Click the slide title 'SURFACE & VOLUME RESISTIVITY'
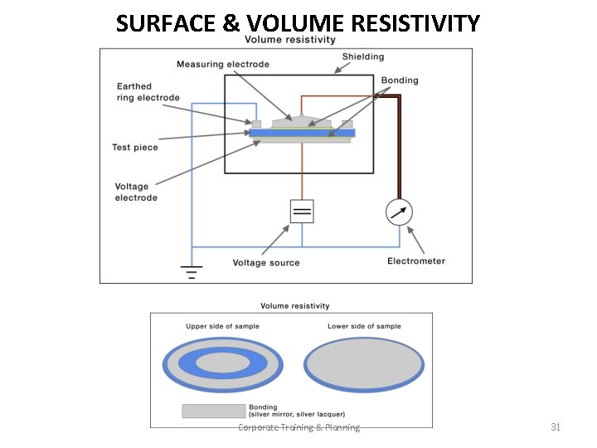(x=298, y=22)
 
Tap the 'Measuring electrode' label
(x=222, y=64)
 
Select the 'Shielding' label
(x=363, y=56)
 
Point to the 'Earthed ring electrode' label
(x=148, y=92)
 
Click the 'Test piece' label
(x=134, y=148)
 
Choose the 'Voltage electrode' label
(x=136, y=192)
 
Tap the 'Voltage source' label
(x=266, y=263)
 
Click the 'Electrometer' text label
(x=416, y=261)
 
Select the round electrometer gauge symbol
(x=399, y=212)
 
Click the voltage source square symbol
(x=302, y=212)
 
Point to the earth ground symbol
(x=192, y=271)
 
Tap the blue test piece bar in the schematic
(x=302, y=133)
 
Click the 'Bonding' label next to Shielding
(x=400, y=80)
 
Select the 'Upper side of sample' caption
(x=222, y=326)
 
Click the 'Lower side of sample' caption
(x=364, y=326)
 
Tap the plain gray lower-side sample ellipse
(x=364, y=364)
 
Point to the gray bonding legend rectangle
(x=213, y=411)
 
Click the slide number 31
(x=556, y=427)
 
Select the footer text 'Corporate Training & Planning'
(x=298, y=427)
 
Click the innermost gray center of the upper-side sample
(x=222, y=363)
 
